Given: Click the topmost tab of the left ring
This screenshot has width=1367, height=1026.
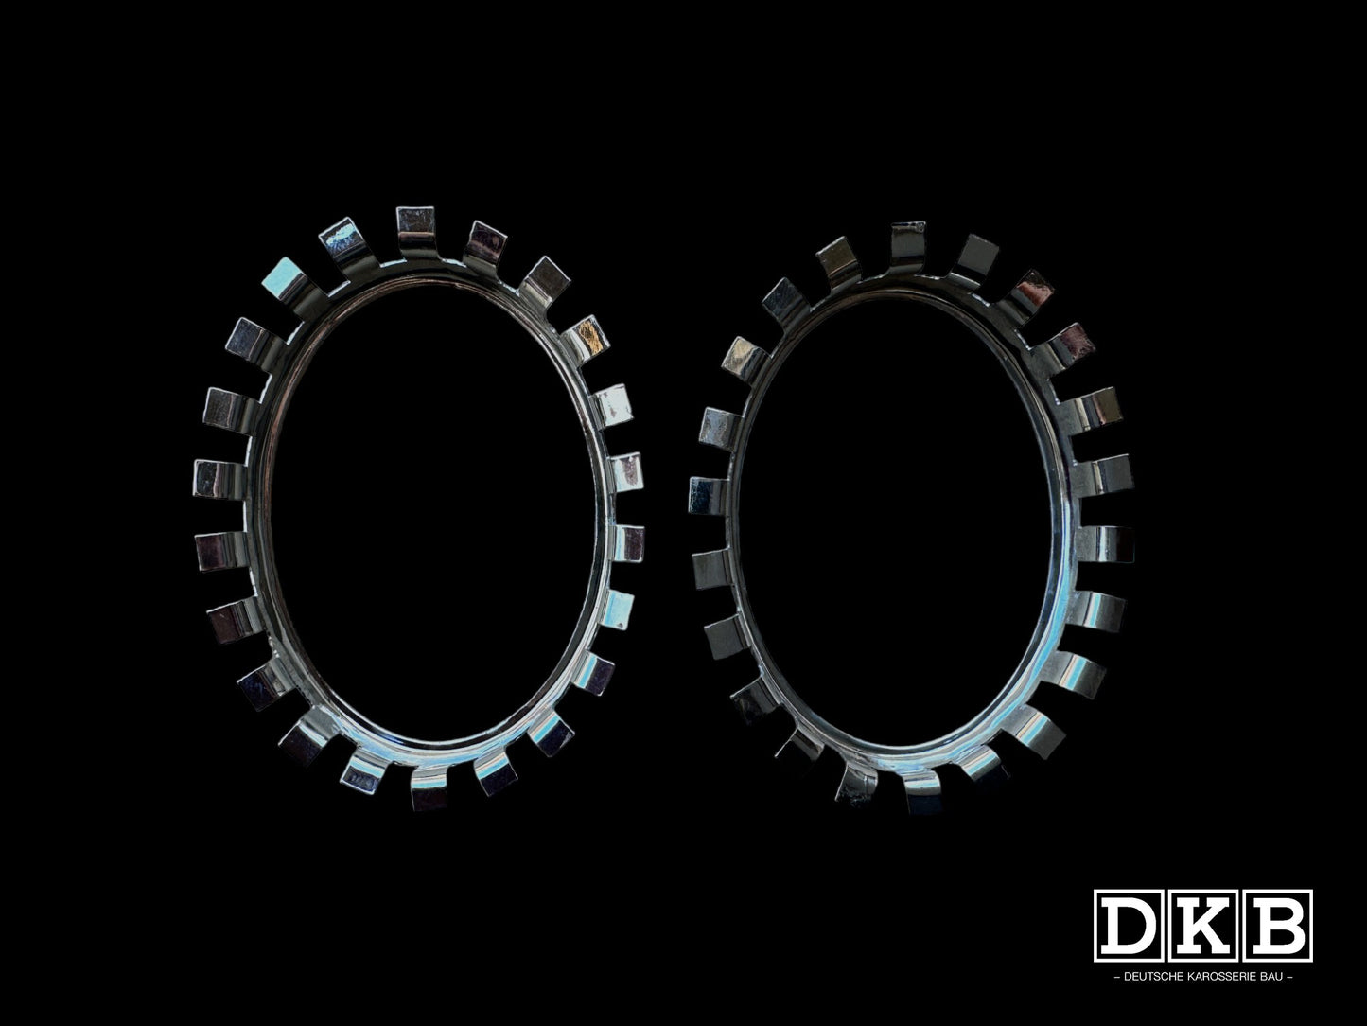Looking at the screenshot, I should click(x=414, y=224).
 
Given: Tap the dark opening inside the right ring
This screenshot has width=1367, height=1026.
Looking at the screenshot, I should click(x=908, y=511).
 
